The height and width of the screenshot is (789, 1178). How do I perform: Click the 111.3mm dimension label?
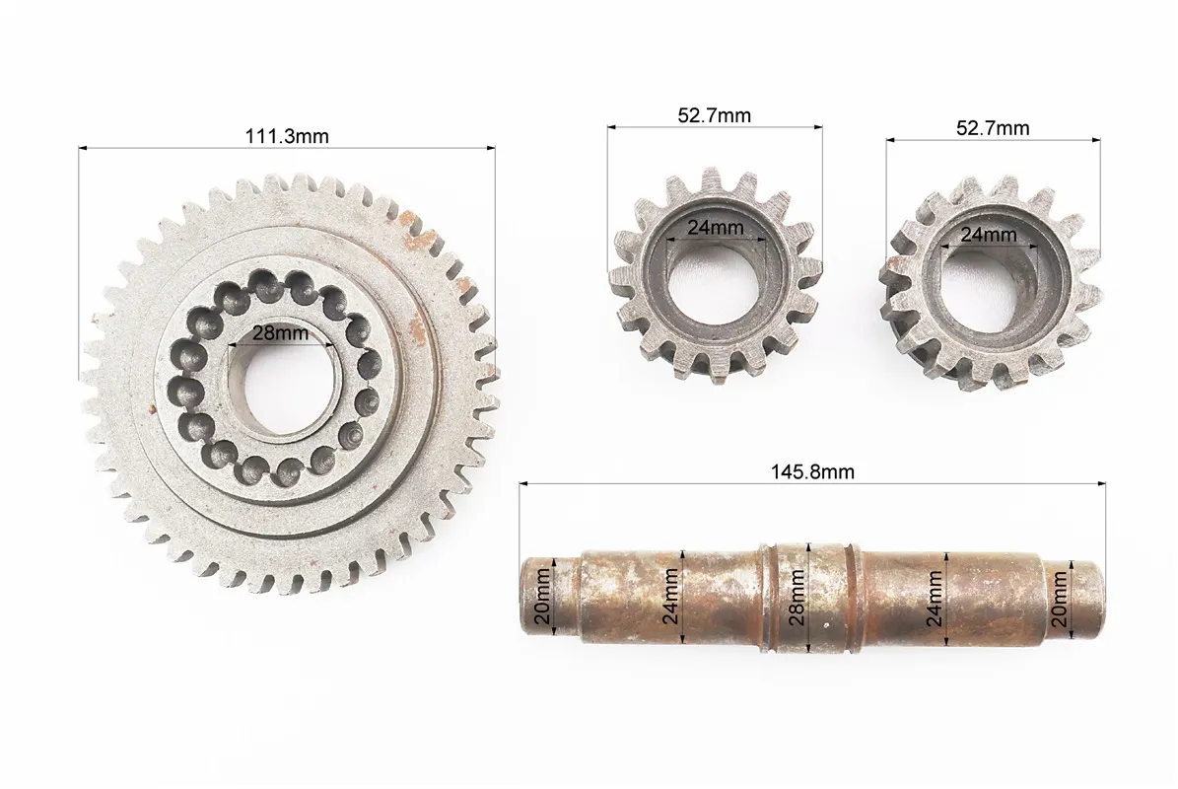click(x=287, y=136)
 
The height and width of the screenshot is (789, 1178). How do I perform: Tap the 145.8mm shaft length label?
click(x=812, y=471)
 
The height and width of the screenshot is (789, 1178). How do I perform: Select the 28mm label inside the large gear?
click(x=280, y=332)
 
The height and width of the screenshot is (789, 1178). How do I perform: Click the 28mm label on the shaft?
click(x=797, y=598)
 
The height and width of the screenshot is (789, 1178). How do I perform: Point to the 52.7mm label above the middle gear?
click(x=715, y=115)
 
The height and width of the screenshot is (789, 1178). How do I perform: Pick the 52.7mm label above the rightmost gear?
click(x=993, y=128)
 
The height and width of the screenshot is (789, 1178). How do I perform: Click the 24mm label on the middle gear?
click(x=716, y=227)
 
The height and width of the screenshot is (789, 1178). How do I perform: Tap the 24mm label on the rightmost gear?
click(x=989, y=235)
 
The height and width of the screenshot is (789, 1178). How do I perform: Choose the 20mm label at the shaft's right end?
click(x=1060, y=599)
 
